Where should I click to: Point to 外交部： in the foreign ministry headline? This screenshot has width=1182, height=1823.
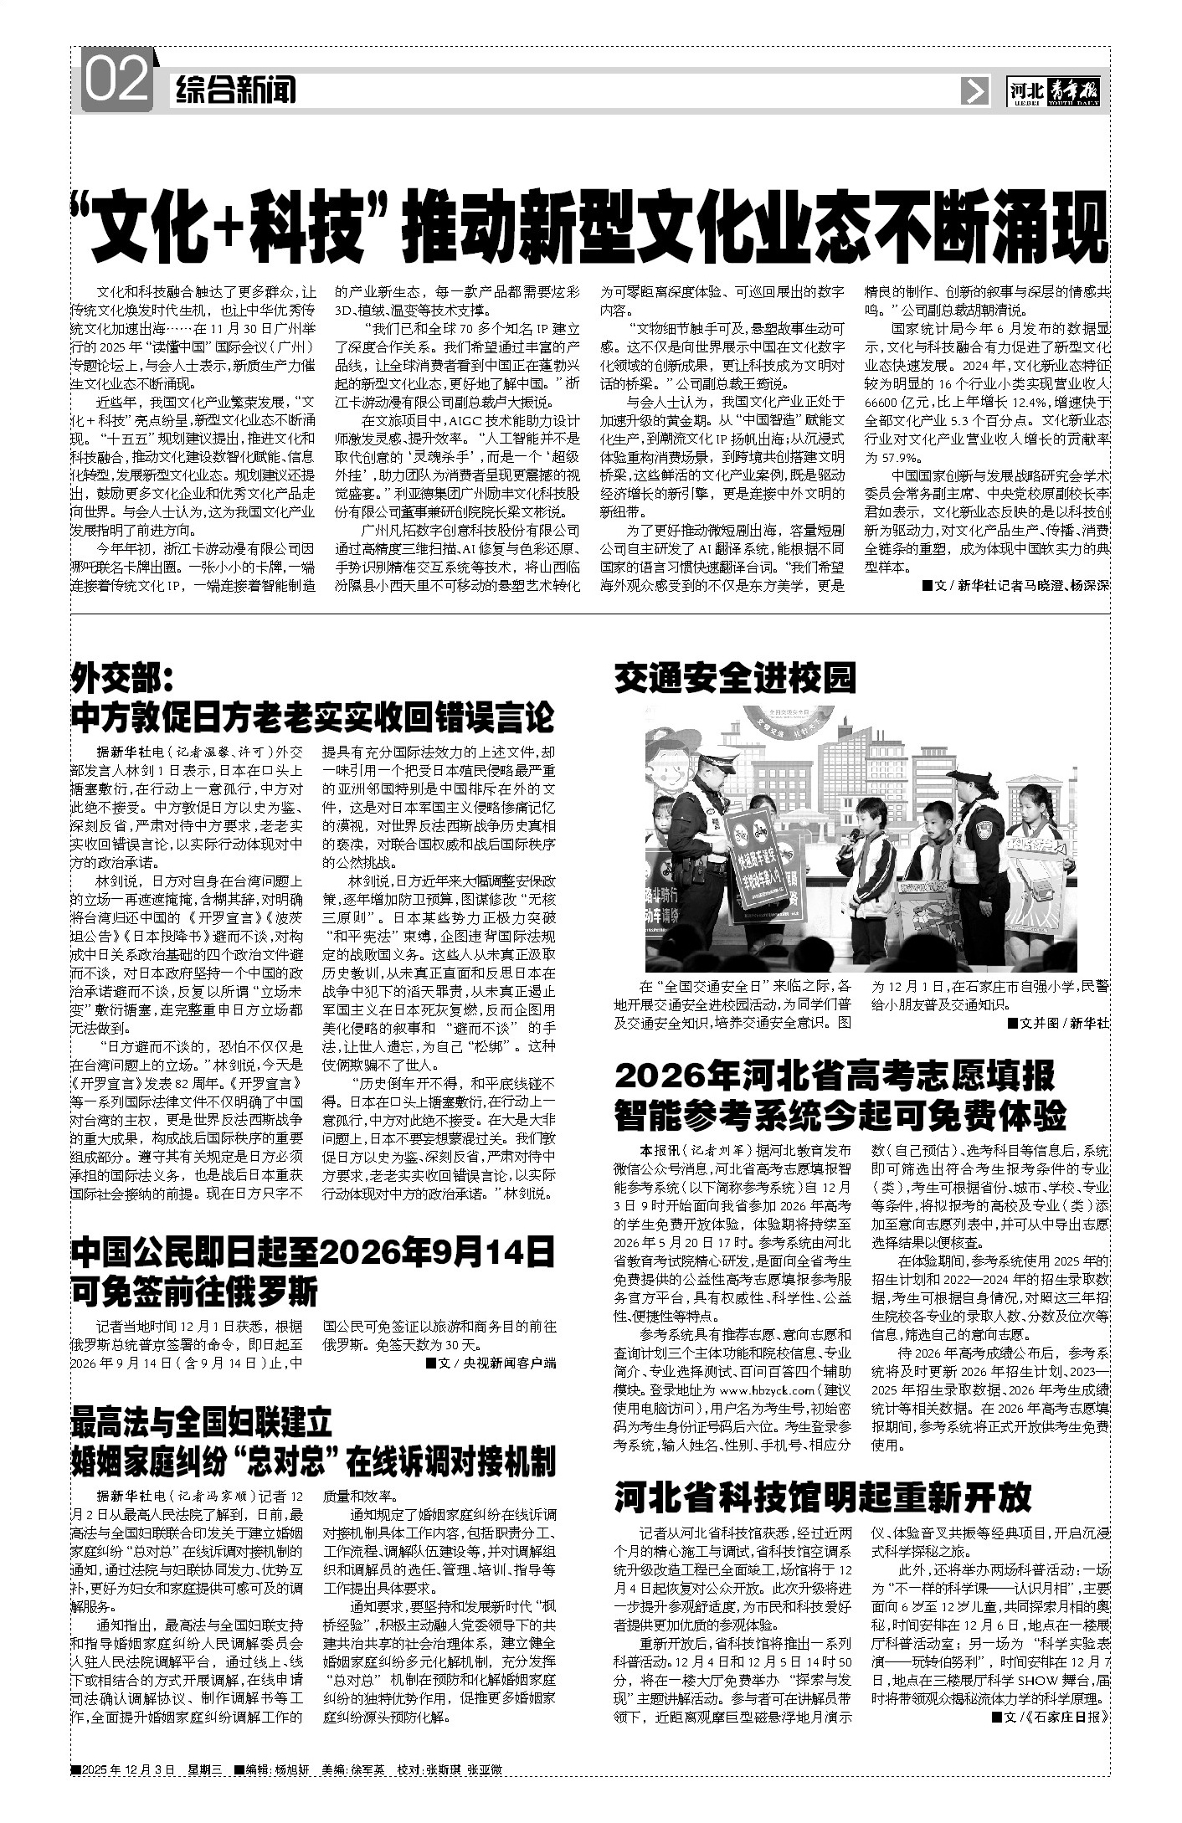click(122, 675)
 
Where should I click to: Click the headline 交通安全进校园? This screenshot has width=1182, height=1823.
click(735, 678)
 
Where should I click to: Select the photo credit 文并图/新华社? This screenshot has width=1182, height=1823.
click(1058, 1023)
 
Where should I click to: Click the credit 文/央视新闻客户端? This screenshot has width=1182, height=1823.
click(491, 1363)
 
